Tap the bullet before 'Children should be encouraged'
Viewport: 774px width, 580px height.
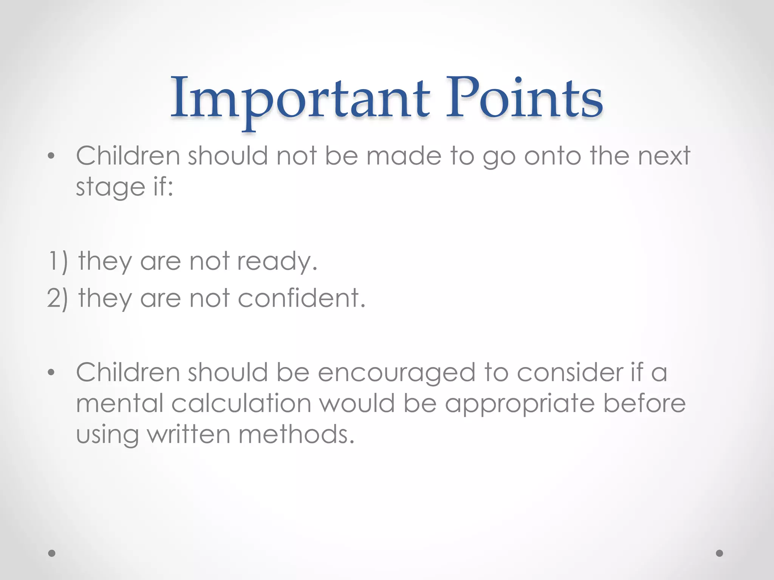pyautogui.click(x=51, y=373)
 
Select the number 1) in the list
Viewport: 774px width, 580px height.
pyautogui.click(x=58, y=261)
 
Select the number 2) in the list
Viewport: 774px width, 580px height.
pyautogui.click(x=58, y=298)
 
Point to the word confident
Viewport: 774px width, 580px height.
pyautogui.click(x=301, y=298)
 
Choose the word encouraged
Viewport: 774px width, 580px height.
pyautogui.click(x=396, y=373)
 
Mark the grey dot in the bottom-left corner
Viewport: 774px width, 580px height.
pyautogui.click(x=52, y=553)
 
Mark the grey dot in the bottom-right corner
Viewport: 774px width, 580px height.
pyautogui.click(x=720, y=553)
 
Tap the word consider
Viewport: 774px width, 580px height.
pyautogui.click(x=569, y=373)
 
